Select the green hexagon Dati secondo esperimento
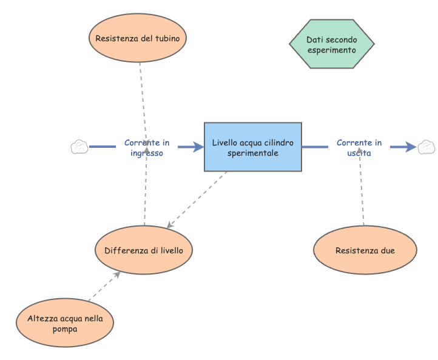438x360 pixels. (331, 44)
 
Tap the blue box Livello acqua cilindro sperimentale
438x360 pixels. (252, 148)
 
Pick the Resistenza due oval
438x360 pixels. (365, 250)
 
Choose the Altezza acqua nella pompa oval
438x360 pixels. (64, 323)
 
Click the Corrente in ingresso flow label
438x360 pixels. (147, 148)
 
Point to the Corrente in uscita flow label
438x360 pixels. (359, 148)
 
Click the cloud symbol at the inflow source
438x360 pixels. (79, 147)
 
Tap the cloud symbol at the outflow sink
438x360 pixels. (426, 147)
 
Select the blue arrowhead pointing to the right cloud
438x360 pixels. (411, 147)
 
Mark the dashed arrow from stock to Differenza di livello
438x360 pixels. (197, 199)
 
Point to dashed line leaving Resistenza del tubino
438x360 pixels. (142, 91)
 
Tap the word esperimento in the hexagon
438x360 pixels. (331, 50)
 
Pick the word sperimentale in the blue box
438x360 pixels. (252, 153)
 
